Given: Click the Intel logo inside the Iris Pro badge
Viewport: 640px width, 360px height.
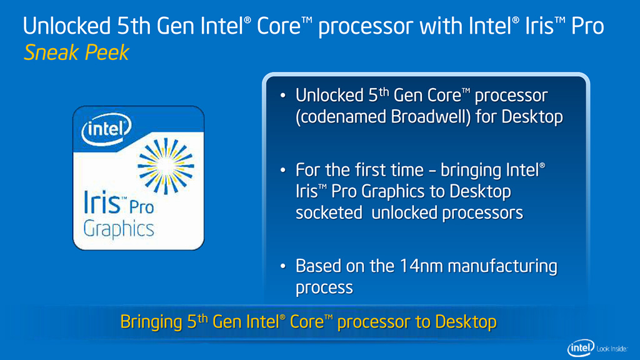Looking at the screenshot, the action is tap(106, 129).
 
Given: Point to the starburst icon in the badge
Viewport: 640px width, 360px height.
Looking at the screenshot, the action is tap(166, 166).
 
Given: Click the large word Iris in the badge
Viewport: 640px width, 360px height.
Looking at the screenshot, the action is tap(102, 202).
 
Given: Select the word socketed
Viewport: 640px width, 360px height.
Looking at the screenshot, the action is tap(329, 212).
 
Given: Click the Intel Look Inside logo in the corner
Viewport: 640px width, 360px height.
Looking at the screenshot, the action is tap(597, 348).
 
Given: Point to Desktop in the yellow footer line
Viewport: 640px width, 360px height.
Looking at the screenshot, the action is tap(466, 322).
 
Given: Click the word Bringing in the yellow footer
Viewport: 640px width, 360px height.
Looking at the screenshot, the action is tap(151, 322).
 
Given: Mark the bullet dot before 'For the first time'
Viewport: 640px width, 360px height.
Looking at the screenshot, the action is tap(283, 170).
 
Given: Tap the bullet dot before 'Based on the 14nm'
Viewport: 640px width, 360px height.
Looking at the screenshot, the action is tap(283, 266).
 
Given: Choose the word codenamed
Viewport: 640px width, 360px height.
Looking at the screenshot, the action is tap(341, 117).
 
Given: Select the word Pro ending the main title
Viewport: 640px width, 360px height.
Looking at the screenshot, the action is tap(587, 26).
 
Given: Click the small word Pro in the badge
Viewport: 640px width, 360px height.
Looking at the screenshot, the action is tap(142, 207).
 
